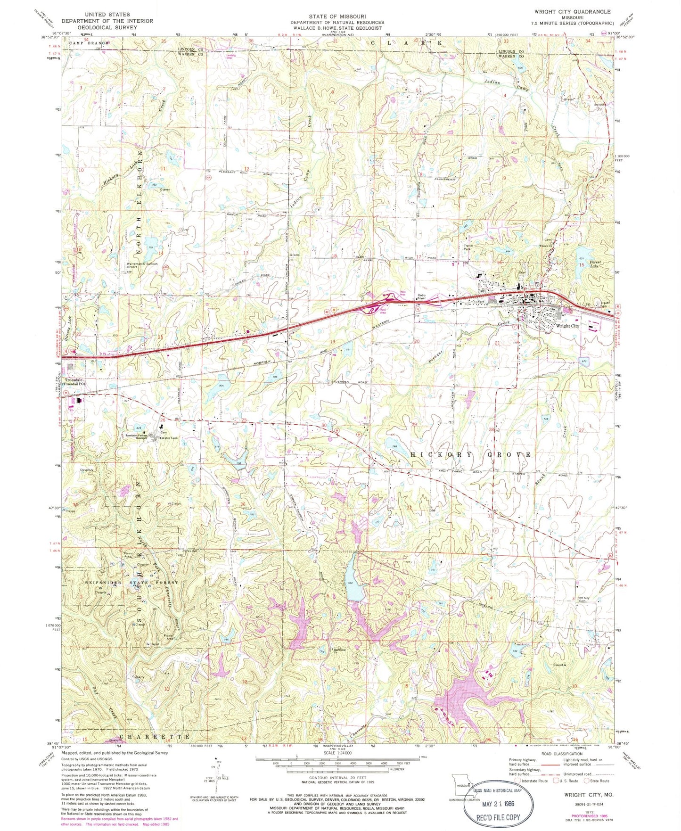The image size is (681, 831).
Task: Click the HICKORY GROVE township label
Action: coord(471,454)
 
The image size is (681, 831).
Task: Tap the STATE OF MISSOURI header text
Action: coord(337,16)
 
